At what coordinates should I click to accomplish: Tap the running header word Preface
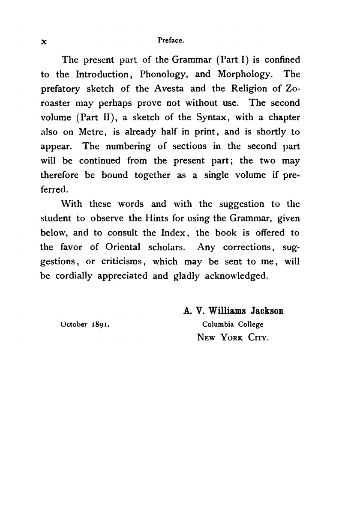(171, 40)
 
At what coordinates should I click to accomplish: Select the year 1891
(102, 325)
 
